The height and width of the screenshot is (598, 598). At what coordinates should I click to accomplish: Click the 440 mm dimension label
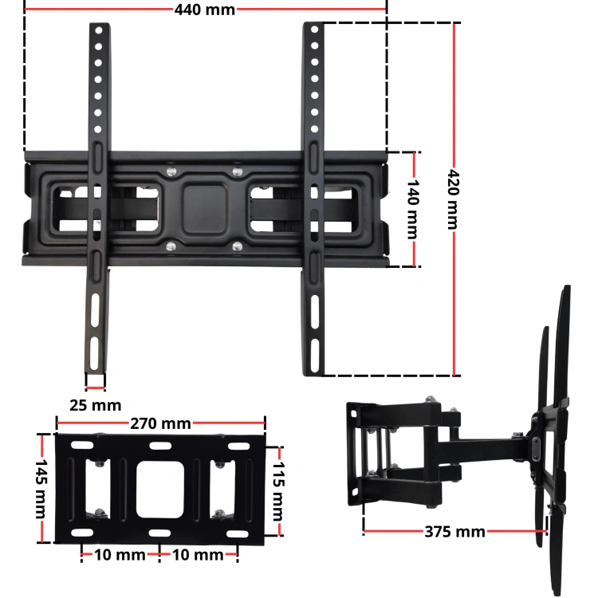pyautogui.click(x=204, y=10)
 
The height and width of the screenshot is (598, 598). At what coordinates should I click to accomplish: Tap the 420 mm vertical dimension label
pyautogui.click(x=453, y=199)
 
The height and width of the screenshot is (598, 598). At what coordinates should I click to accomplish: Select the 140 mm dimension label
pyautogui.click(x=413, y=210)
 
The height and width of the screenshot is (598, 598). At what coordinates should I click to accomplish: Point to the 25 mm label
pyautogui.click(x=96, y=405)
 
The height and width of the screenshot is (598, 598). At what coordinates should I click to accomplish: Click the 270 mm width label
pyautogui.click(x=160, y=423)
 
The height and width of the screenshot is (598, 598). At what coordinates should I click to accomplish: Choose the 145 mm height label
pyautogui.click(x=41, y=489)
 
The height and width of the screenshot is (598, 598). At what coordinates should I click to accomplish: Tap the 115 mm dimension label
pyautogui.click(x=278, y=491)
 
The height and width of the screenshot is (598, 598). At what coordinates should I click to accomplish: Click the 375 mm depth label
pyautogui.click(x=455, y=532)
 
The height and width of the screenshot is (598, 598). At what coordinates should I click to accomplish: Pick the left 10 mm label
pyautogui.click(x=120, y=555)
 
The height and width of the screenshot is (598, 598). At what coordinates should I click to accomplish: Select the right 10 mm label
pyautogui.click(x=198, y=555)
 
